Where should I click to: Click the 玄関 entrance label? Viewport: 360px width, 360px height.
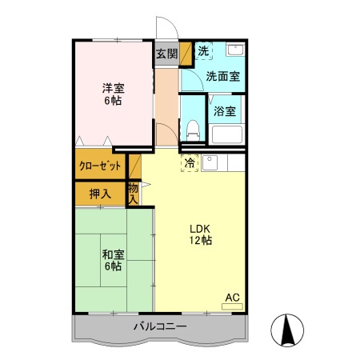166,54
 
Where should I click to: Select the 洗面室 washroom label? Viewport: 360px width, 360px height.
222,77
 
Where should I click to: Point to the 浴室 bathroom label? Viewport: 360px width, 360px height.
225,111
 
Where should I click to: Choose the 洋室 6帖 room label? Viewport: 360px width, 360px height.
114,94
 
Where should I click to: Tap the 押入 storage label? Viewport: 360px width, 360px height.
100,193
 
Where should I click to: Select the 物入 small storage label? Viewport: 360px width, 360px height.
134,193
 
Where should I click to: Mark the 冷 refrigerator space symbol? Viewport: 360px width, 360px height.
190,162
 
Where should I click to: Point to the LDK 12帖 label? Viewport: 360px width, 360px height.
200,233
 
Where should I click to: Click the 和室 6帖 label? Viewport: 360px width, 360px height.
113,260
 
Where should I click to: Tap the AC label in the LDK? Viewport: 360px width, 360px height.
231,298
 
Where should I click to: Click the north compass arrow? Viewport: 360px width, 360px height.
290,329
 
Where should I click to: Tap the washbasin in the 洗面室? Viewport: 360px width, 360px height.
235,50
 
